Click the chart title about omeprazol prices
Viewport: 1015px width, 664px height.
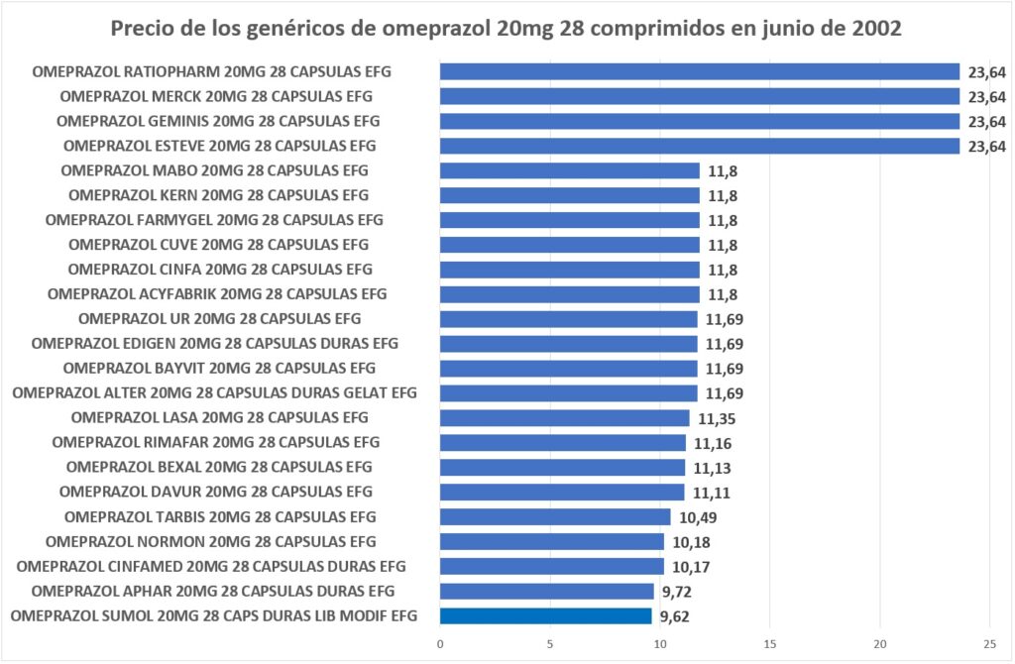coord(507,28)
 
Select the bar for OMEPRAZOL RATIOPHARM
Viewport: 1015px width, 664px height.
coord(700,71)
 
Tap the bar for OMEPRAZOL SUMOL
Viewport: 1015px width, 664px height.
coord(546,615)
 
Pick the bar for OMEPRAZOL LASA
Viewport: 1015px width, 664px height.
coord(565,417)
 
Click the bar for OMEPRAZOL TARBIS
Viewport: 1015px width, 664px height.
coord(555,516)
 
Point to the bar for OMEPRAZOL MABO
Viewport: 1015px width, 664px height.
coord(570,170)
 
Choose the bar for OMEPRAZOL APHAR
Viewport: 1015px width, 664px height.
coord(547,591)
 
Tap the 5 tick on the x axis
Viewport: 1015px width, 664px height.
coord(550,644)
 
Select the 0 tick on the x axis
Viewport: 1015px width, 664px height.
coord(440,644)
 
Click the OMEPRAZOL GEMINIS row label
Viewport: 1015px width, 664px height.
coord(218,121)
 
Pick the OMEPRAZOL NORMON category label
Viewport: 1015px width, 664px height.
coord(211,541)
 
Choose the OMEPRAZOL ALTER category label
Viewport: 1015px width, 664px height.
coord(215,393)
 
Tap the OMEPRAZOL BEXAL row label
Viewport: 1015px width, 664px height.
coord(219,467)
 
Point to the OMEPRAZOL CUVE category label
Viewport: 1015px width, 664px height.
coord(219,245)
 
